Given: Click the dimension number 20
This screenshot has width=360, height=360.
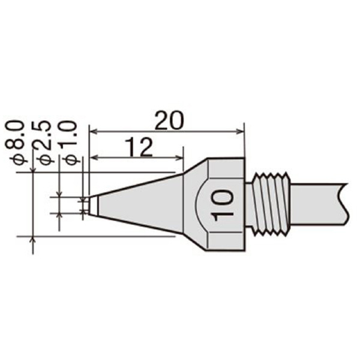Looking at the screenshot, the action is coord(169,121).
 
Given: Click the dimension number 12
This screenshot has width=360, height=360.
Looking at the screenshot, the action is coord(139,147).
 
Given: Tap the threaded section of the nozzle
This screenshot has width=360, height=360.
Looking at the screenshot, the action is coord(271,204).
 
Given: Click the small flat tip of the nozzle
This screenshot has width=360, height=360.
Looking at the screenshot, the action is coord(88,205).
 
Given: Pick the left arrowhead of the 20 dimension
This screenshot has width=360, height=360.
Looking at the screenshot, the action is coord(92,131).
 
